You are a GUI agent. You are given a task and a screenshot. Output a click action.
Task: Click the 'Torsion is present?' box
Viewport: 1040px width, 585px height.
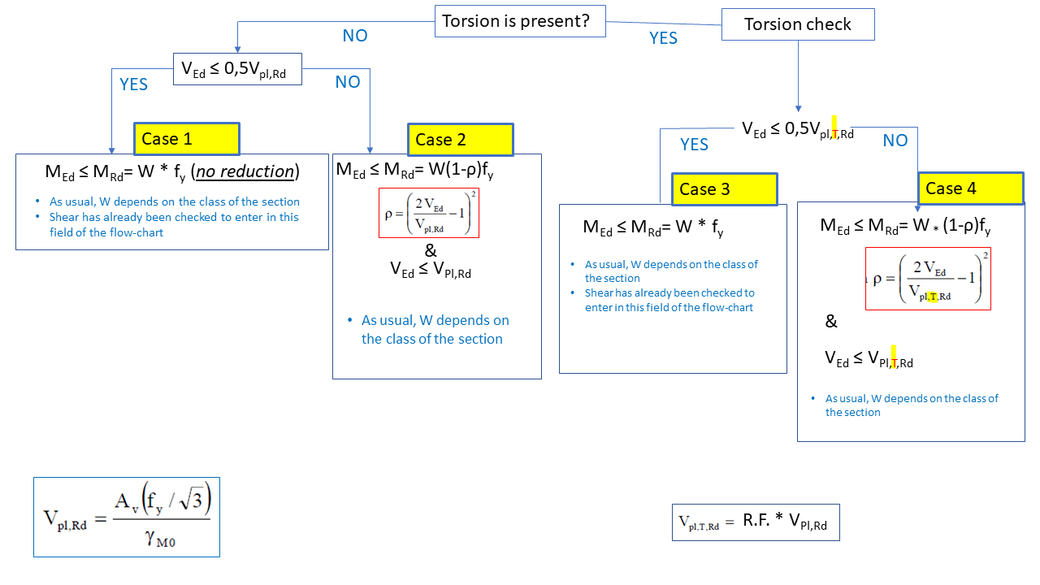pyautogui.click(x=521, y=21)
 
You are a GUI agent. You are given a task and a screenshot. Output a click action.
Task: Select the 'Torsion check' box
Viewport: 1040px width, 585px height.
pyautogui.click(x=798, y=24)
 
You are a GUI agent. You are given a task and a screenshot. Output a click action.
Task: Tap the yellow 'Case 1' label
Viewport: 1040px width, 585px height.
pyautogui.click(x=187, y=139)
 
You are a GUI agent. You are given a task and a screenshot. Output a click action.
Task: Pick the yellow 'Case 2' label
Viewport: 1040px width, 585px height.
pyautogui.click(x=461, y=140)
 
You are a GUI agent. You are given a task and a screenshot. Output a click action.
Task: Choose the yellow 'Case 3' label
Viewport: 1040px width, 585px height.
pyautogui.click(x=724, y=189)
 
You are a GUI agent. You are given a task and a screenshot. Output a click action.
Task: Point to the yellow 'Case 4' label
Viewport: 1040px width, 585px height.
pyautogui.click(x=970, y=188)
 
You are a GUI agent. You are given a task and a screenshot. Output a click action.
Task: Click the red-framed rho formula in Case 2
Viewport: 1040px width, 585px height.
pyautogui.click(x=429, y=213)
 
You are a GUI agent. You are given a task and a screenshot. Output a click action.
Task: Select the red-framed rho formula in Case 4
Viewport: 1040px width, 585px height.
pyautogui.click(x=928, y=279)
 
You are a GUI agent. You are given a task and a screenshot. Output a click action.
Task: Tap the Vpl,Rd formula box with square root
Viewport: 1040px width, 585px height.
pyautogui.click(x=127, y=517)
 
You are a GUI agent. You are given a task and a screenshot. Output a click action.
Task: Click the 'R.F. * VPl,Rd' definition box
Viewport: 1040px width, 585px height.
pyautogui.click(x=756, y=522)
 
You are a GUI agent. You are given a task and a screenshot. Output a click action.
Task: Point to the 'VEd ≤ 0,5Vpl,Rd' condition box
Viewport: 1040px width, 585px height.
pyautogui.click(x=237, y=70)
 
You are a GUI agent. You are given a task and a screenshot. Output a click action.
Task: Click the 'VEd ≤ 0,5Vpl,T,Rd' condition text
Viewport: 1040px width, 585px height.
pyautogui.click(x=798, y=130)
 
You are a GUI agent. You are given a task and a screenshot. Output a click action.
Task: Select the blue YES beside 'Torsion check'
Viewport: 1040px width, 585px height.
pyautogui.click(x=663, y=38)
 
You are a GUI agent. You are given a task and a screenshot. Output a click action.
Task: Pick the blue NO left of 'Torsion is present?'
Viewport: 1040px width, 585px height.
pyautogui.click(x=355, y=36)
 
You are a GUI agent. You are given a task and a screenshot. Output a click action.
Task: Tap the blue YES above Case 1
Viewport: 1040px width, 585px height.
pyautogui.click(x=133, y=84)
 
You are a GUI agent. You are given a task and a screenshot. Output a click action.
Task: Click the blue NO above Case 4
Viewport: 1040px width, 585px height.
pyautogui.click(x=895, y=141)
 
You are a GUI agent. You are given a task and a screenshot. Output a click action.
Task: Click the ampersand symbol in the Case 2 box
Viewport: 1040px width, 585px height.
pyautogui.click(x=431, y=252)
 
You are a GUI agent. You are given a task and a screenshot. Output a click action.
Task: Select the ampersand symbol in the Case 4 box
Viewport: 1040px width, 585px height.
pyautogui.click(x=831, y=322)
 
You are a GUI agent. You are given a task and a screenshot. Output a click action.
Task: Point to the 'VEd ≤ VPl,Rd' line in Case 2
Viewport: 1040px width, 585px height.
pyautogui.click(x=431, y=271)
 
